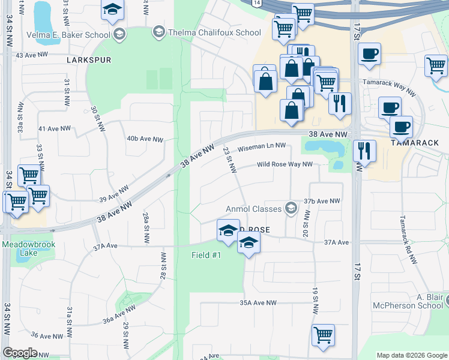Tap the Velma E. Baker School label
(68, 35)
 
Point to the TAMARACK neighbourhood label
(415, 143)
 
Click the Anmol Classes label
(253, 209)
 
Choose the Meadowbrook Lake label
(20, 249)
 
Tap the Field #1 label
(206, 256)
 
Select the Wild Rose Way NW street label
(285, 164)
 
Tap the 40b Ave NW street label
(145, 139)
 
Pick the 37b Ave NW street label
(322, 201)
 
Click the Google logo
(20, 353)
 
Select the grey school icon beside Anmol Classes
(291, 208)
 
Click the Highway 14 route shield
(258, 4)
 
